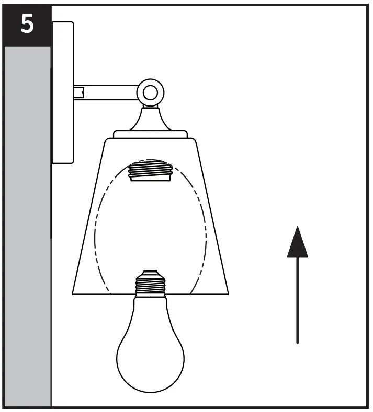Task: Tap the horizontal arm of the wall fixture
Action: (107, 93)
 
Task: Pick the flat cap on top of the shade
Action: (151, 134)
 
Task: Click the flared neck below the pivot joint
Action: (151, 117)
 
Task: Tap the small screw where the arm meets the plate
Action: (78, 93)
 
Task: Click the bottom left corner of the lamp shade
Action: (73, 293)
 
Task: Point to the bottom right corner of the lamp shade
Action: (229, 293)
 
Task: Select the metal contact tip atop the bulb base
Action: (150, 272)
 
